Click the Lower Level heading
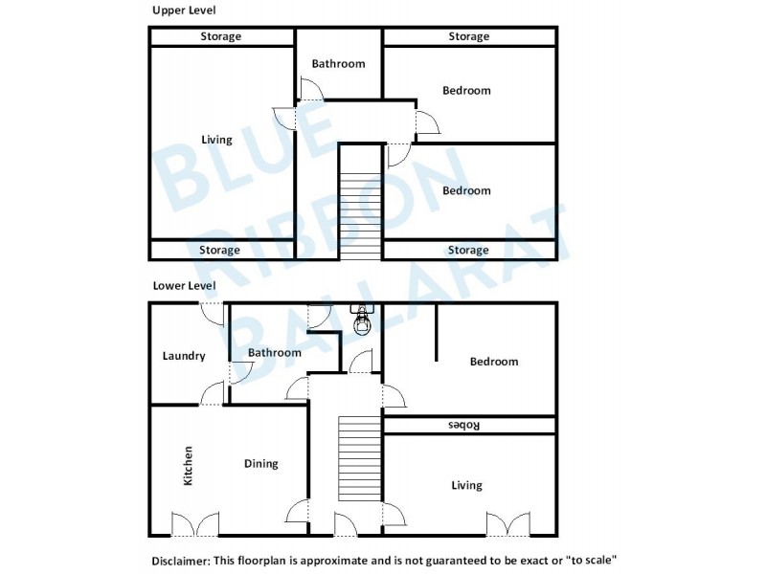[x=185, y=285]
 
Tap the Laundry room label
[x=184, y=356]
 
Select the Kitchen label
[x=188, y=466]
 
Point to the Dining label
[x=259, y=464]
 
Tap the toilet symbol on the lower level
[x=362, y=323]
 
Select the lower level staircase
[x=360, y=459]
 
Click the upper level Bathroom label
[x=338, y=64]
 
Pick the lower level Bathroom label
[x=275, y=353]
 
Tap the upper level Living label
[x=216, y=141]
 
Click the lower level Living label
[x=466, y=486]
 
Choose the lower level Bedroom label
[x=493, y=362]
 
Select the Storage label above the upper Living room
[x=220, y=36]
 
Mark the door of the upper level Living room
[x=284, y=117]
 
